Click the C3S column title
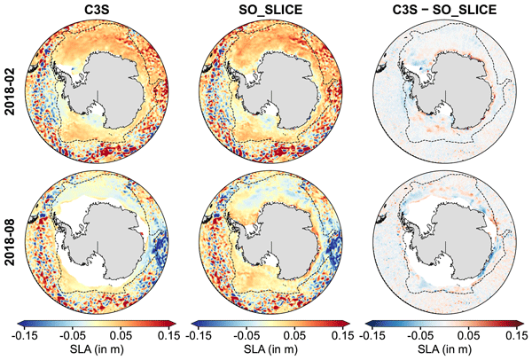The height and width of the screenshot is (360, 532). (x=97, y=10)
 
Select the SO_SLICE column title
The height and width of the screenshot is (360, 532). (x=270, y=10)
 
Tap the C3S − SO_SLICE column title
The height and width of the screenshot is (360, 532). (x=444, y=10)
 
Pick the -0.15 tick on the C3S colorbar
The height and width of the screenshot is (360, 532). (x=24, y=336)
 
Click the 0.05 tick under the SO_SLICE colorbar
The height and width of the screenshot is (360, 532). (x=294, y=336)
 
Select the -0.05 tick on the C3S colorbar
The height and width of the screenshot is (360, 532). (x=72, y=336)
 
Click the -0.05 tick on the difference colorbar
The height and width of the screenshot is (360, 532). (x=420, y=336)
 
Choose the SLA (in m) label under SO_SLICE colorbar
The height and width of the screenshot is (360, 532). (x=270, y=348)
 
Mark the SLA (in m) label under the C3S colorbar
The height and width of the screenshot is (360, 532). (x=97, y=348)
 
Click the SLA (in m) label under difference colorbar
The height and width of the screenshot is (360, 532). (x=444, y=348)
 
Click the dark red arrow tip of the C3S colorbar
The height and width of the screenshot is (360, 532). (x=174, y=324)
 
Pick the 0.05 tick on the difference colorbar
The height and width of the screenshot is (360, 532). (x=468, y=336)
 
